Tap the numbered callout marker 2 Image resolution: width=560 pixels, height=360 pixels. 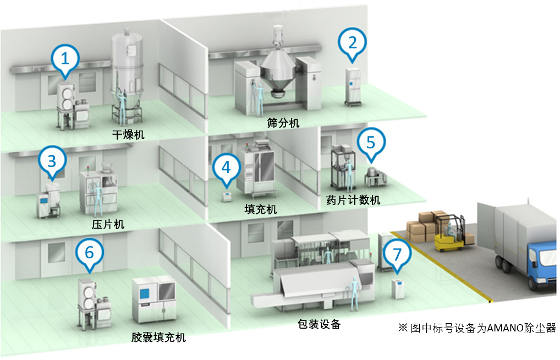(352, 41)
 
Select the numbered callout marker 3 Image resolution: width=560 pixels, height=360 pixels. (52, 161)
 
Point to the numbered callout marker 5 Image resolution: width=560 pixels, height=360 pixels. (371, 142)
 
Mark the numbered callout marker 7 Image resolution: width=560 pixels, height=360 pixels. (397, 253)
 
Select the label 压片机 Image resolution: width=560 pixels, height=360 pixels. (108, 224)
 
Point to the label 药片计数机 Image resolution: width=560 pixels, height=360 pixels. (352, 199)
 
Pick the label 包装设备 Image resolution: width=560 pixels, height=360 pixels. (318, 324)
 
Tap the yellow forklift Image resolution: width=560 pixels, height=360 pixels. (451, 235)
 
